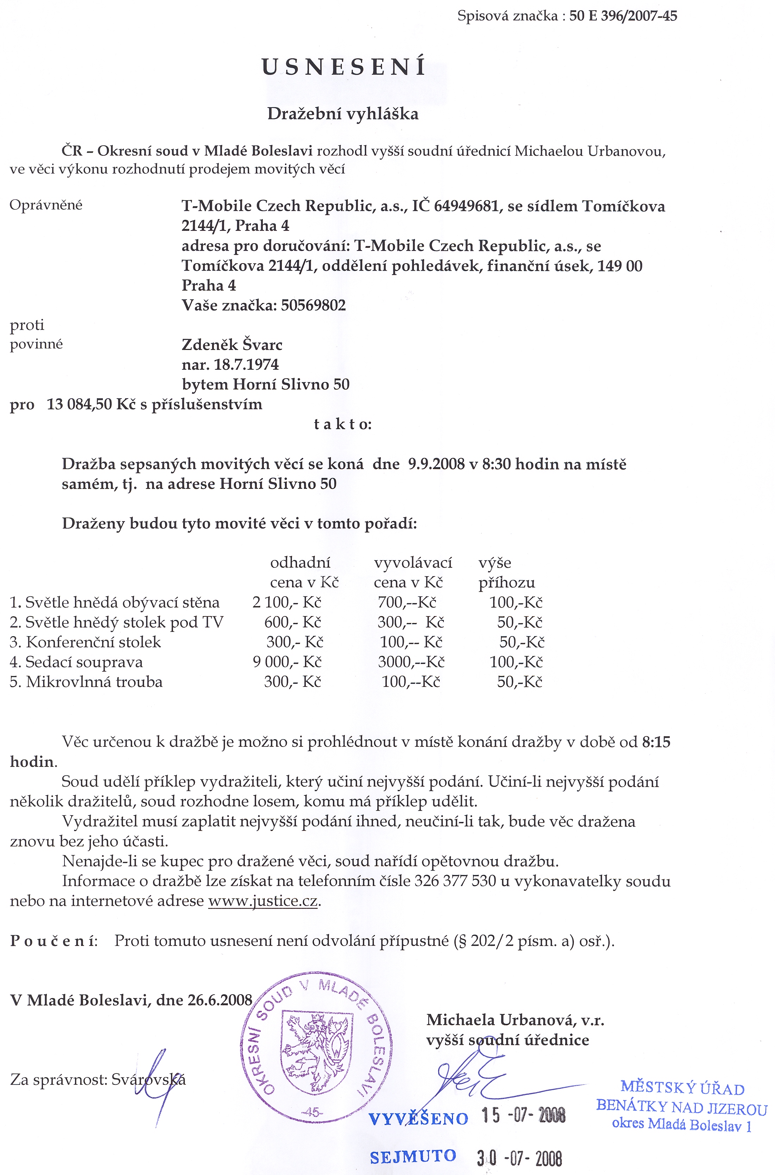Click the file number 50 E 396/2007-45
[623, 16]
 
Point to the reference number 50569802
[314, 305]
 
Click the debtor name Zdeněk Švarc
[232, 345]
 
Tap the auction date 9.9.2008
[436, 464]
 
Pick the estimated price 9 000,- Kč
[287, 662]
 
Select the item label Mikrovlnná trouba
[94, 682]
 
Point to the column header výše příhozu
[506, 573]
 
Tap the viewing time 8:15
[656, 742]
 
